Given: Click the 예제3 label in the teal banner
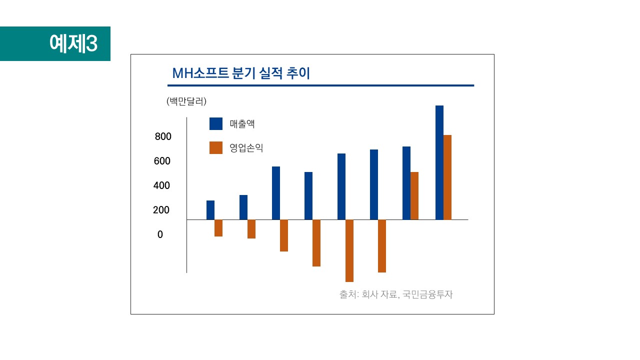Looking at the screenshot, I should [73, 44].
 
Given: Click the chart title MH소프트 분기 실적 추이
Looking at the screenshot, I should [241, 73].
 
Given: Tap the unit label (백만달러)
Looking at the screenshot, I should [186, 101].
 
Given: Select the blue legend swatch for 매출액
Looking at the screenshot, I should [216, 123].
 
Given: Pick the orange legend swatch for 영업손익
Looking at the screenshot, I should [216, 147].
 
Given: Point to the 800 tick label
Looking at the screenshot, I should [163, 136].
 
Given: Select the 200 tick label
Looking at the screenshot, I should [161, 210].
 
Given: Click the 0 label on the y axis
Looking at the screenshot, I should [160, 234].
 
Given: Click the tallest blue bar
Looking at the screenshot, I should [439, 162].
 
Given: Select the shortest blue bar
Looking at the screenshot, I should [210, 210].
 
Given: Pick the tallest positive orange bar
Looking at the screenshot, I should [447, 177].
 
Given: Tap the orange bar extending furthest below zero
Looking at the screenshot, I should [349, 250].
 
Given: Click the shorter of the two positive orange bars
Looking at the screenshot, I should [414, 195].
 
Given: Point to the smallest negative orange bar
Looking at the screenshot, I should [218, 228].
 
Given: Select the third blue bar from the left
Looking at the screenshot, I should [276, 193].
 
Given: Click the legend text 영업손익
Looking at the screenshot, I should [246, 148].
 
